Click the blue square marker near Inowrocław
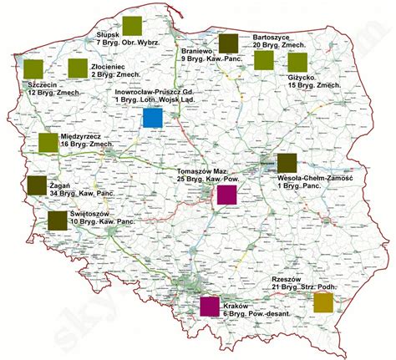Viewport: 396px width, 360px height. (152, 118)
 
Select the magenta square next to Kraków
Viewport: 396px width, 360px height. (210, 306)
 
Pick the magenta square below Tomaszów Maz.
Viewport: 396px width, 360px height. (226, 195)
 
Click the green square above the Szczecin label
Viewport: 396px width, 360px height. (33, 69)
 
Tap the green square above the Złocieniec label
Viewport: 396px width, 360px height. (78, 68)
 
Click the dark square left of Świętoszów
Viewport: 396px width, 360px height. (57, 221)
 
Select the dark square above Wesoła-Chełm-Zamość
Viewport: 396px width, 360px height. (286, 163)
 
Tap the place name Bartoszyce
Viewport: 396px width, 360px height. (271, 38)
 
